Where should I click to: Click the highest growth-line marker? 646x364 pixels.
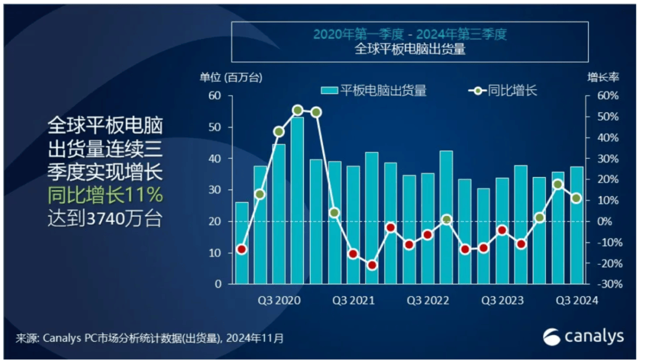pos(298,110)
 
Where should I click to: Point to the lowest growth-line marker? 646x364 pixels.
pos(372,265)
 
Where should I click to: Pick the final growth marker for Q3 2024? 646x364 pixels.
pos(576,198)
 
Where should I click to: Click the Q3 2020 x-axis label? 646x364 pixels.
pos(279,300)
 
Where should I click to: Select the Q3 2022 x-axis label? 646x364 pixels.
pos(428,300)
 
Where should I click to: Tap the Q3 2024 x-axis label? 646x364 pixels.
pos(576,300)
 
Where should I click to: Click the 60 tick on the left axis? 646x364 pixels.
pos(214,96)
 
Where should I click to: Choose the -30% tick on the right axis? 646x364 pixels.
pos(605,285)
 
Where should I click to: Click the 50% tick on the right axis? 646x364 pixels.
pos(605,117)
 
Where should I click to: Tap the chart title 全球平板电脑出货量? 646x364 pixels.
pos(410,50)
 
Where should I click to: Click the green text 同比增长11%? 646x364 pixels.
pos(105,195)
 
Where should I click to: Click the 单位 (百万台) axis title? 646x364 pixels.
pos(231,77)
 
